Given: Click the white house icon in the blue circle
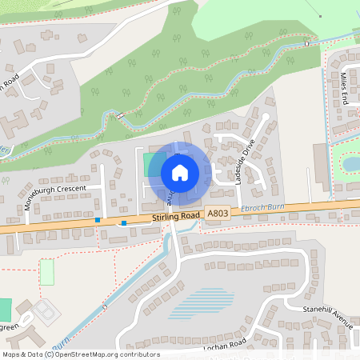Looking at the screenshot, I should tap(179, 172).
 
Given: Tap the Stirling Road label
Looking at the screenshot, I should tap(175, 217).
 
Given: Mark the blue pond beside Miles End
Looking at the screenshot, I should tap(351, 164).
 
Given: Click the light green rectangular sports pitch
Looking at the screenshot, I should tap(47, 272).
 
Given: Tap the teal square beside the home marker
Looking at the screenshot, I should tap(150, 165).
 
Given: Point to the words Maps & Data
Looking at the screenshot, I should tap(22, 354).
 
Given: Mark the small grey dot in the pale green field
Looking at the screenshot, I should tap(319, 16).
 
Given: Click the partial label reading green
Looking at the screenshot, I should tap(10, 327).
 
